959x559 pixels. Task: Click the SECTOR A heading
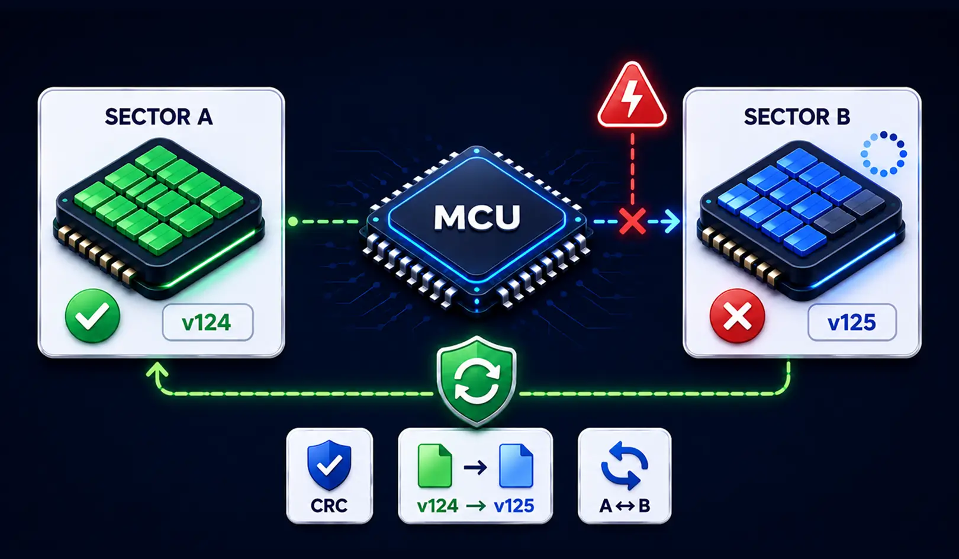[x=159, y=117]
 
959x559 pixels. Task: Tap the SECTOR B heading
[x=797, y=117]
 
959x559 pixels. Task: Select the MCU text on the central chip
[x=477, y=217]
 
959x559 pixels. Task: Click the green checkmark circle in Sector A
[x=92, y=316]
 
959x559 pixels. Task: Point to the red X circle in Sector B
[x=737, y=316]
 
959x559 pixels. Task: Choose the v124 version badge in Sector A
[x=208, y=322]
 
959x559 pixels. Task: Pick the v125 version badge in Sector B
[x=852, y=322]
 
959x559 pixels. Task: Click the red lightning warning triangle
[x=632, y=96]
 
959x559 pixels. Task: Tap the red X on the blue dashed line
[x=633, y=221]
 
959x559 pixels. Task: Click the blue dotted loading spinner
[x=884, y=154]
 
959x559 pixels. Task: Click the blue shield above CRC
[x=329, y=465]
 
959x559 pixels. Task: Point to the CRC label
[x=329, y=506]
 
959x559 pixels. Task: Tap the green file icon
[x=435, y=466]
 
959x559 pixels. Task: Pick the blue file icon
[x=516, y=466]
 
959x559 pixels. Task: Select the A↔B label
[x=625, y=506]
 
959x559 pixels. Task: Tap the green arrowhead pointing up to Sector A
[x=157, y=370]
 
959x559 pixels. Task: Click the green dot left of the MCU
[x=293, y=221]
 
